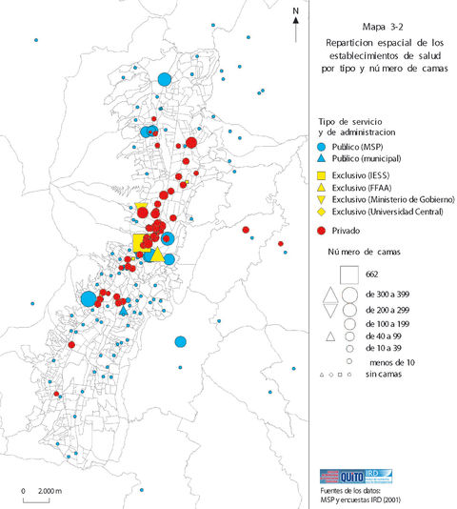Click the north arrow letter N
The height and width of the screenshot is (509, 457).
(297, 11)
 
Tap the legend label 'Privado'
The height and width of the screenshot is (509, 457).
(347, 231)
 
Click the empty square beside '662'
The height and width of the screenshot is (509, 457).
(347, 275)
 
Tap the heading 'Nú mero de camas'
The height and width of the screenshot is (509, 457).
(366, 252)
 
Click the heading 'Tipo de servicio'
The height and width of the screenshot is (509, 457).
(349, 122)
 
